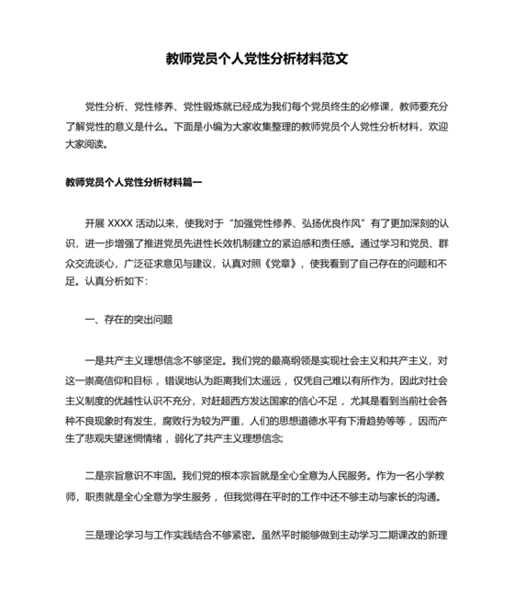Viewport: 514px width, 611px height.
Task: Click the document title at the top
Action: tap(257, 58)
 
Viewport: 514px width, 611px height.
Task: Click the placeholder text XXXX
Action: tap(120, 223)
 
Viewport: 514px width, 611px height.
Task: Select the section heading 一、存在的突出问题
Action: tap(128, 322)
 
